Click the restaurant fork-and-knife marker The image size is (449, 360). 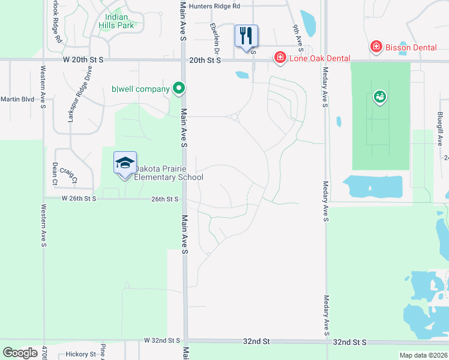[246, 35]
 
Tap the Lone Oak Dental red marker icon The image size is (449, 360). [280, 58]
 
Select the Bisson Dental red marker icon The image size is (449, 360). [376, 47]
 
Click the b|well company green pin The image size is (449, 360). [178, 89]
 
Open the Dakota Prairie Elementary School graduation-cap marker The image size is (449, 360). [125, 163]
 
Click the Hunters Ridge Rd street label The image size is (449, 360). [214, 6]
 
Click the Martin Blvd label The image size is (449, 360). [17, 99]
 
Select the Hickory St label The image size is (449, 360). [81, 354]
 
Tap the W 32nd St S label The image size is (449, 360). [162, 340]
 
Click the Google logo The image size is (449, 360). [20, 353]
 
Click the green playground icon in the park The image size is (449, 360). [379, 96]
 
